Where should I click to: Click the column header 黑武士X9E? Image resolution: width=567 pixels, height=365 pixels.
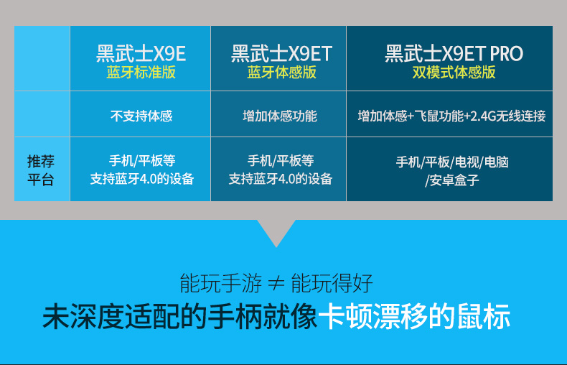(141, 54)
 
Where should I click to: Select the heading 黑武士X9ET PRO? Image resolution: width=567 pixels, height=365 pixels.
(454, 54)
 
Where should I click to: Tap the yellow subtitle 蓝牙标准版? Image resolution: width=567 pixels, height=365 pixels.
(141, 73)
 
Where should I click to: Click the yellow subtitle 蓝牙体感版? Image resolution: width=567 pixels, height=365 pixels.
(281, 73)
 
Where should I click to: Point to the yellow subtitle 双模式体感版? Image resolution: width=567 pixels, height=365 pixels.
(454, 73)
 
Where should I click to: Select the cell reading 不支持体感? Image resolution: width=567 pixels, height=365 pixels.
(141, 116)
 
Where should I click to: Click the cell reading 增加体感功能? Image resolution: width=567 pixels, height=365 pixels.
(280, 116)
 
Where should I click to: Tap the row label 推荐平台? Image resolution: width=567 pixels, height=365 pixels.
(40, 170)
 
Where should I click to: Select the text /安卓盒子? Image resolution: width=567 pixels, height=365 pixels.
(452, 180)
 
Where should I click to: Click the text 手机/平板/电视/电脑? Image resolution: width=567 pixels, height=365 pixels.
(452, 162)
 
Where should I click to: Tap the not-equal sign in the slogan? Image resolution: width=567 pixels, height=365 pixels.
(276, 284)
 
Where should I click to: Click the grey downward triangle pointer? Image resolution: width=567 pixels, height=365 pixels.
(276, 231)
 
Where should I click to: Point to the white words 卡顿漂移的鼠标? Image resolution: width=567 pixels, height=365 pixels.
(414, 317)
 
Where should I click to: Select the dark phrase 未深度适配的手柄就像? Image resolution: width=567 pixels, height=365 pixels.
(179, 317)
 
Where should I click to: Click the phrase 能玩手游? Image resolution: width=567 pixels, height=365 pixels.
(220, 283)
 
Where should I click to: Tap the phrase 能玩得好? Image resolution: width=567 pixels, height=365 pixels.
(332, 283)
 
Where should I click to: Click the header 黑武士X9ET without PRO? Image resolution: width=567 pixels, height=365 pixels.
(281, 54)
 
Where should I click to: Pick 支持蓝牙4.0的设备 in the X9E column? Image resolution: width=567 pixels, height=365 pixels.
(142, 179)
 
